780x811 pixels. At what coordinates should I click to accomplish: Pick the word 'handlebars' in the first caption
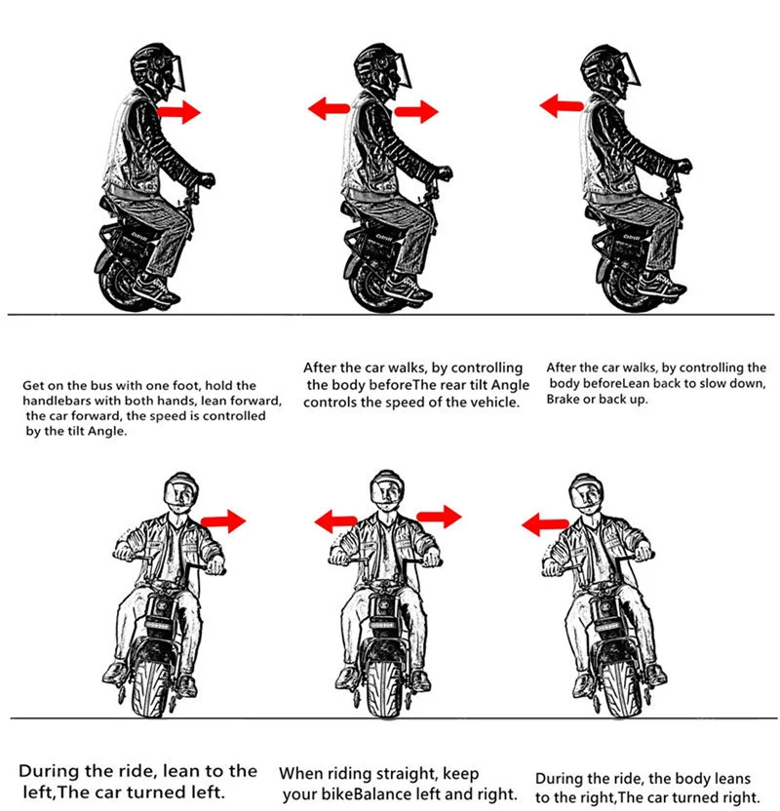coord(58,401)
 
